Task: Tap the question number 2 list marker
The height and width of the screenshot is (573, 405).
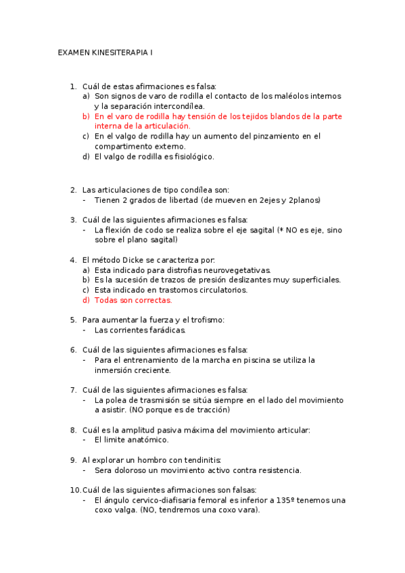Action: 73,190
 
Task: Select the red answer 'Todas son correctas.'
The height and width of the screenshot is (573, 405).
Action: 133,300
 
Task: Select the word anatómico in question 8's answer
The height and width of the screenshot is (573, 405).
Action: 145,439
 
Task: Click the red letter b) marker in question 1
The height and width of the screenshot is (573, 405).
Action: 86,116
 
